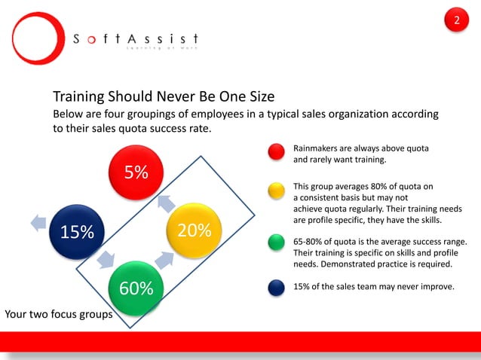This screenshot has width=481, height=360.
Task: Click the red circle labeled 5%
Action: click(x=136, y=172)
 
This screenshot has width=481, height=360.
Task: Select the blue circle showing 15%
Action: click(x=77, y=230)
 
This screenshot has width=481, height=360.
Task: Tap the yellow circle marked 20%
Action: click(x=195, y=230)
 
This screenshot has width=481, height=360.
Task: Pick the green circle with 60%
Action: click(x=136, y=288)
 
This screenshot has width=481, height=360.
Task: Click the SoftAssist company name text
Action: click(x=136, y=39)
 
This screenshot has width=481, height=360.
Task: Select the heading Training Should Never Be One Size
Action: click(x=164, y=97)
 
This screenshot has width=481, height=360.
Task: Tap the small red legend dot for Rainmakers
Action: click(x=277, y=151)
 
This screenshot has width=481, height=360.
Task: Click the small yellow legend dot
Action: click(x=277, y=191)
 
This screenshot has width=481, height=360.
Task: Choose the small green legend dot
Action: click(x=277, y=243)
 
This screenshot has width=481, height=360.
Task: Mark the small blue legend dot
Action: click(x=277, y=286)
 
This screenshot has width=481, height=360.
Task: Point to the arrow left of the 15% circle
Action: click(x=37, y=221)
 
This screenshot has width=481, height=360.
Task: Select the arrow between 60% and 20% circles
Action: click(x=165, y=261)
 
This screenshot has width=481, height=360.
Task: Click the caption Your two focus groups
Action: click(x=59, y=314)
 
